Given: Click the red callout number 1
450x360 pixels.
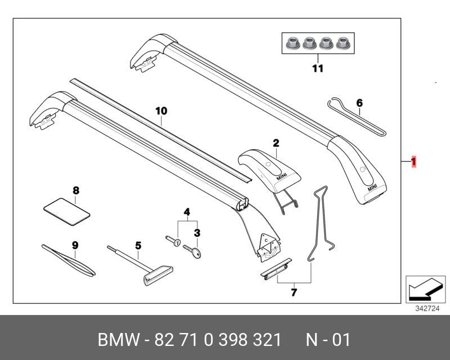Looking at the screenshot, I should pos(413,163).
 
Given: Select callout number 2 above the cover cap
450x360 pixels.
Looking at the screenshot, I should pos(276,143).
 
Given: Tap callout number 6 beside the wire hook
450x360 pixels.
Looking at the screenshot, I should pos(359,103).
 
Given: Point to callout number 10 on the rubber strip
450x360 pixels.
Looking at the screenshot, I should pos(161,111).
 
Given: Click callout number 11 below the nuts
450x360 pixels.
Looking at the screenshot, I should pos(318,69).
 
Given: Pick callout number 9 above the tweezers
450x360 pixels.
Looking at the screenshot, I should pos(75,245).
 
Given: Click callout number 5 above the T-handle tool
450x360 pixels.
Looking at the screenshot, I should pos(138,245).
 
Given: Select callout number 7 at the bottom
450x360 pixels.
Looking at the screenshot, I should pos(293,292).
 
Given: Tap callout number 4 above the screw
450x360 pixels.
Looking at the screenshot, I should pos(187,212).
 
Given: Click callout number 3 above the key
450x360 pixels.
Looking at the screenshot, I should pos(197,232).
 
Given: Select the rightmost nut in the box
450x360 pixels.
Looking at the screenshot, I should pos(341,42).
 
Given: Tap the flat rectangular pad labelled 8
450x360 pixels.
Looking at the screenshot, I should pos(67,213).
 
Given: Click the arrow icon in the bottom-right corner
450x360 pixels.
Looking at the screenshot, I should pos(421,289).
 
